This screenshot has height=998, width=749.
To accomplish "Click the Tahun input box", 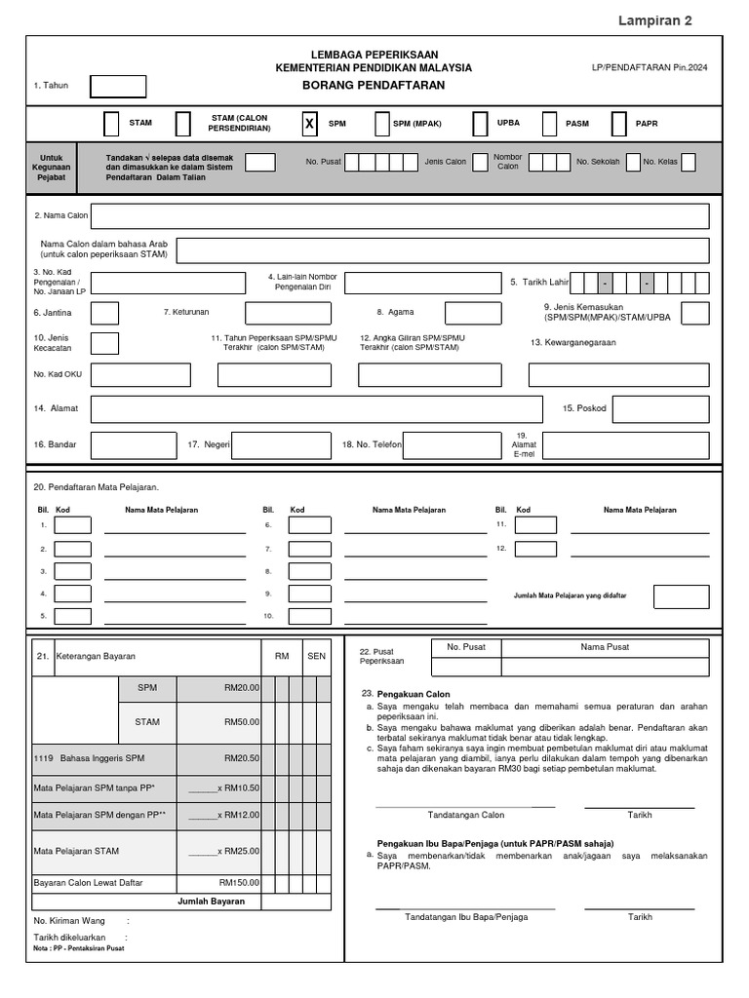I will pyautogui.click(x=118, y=87).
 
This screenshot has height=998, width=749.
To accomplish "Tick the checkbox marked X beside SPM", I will pyautogui.click(x=309, y=125).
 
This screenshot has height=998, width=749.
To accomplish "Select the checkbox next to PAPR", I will pyautogui.click(x=618, y=125).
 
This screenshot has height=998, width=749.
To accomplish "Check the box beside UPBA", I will pyautogui.click(x=480, y=125).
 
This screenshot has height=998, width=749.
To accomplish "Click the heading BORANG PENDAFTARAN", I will pyautogui.click(x=374, y=86).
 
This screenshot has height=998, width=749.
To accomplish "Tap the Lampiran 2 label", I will pyautogui.click(x=656, y=20).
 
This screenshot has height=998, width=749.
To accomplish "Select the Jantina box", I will pyautogui.click(x=104, y=313).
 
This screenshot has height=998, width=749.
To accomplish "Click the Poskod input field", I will pyautogui.click(x=660, y=409).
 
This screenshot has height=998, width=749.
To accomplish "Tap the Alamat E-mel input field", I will pyautogui.click(x=625, y=445).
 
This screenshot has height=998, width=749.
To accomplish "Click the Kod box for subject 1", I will pyautogui.click(x=73, y=525).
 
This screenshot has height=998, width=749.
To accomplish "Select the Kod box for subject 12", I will pyautogui.click(x=535, y=549).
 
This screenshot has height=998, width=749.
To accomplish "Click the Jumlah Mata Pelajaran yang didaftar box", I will pyautogui.click(x=681, y=596).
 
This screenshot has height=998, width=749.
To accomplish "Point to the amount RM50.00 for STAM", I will pyautogui.click(x=241, y=722).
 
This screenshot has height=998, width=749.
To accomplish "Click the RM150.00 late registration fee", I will pyautogui.click(x=240, y=882).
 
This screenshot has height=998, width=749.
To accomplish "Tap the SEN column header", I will pyautogui.click(x=316, y=656).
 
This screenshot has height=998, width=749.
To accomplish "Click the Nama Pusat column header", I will pyautogui.click(x=605, y=646).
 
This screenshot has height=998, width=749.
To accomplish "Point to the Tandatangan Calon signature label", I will pyautogui.click(x=466, y=815).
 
